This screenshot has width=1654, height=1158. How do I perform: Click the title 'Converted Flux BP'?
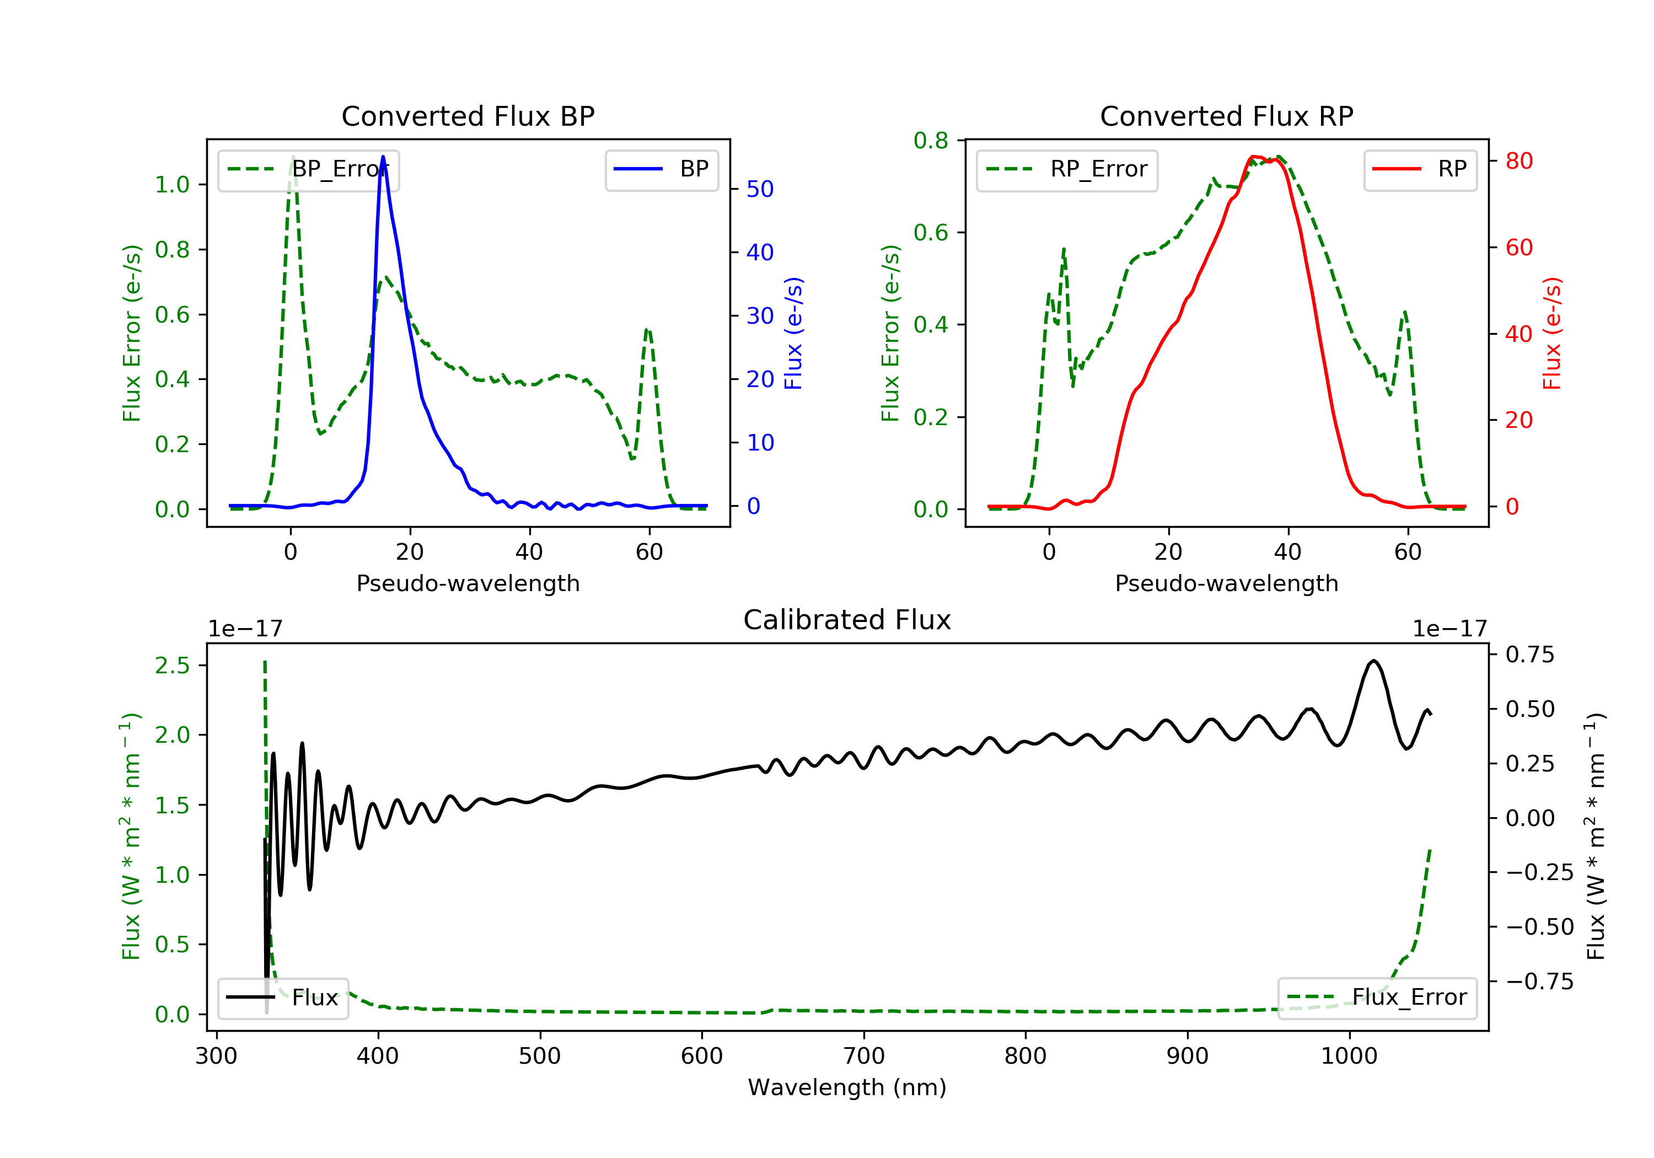pyautogui.click(x=468, y=116)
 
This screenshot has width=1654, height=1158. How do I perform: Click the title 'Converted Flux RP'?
pyautogui.click(x=1226, y=116)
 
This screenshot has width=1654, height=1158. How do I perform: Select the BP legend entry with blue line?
pyautogui.click(x=661, y=169)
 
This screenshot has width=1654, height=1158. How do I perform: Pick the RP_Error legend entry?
pyautogui.click(x=1066, y=169)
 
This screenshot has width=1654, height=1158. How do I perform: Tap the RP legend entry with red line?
pyautogui.click(x=1419, y=169)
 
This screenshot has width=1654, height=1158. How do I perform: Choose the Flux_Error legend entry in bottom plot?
pyautogui.click(x=1377, y=998)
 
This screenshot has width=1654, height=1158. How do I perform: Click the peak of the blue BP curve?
pyautogui.click(x=383, y=157)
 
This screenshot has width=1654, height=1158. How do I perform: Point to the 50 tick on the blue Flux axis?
pyautogui.click(x=759, y=189)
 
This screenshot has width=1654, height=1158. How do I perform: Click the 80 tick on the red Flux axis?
pyautogui.click(x=1518, y=160)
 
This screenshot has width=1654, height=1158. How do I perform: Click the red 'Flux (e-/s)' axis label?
pyautogui.click(x=1553, y=333)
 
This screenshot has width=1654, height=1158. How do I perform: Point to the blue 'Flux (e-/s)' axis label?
pyautogui.click(x=793, y=333)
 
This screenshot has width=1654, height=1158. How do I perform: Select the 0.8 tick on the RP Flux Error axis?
pyautogui.click(x=931, y=141)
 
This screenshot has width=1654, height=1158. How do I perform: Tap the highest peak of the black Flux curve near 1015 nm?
pyautogui.click(x=1374, y=661)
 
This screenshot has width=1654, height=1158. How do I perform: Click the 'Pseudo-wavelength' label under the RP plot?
pyautogui.click(x=1226, y=583)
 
